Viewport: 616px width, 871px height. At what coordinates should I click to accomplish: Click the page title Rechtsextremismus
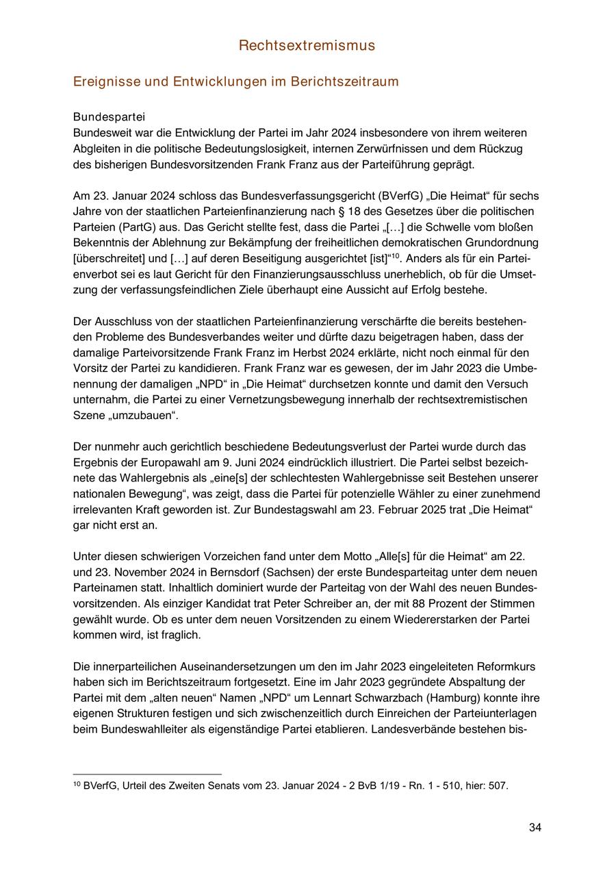[x=307, y=46]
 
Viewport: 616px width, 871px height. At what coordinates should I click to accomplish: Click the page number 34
[x=535, y=828]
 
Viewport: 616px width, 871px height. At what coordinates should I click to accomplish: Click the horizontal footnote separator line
[x=147, y=774]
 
